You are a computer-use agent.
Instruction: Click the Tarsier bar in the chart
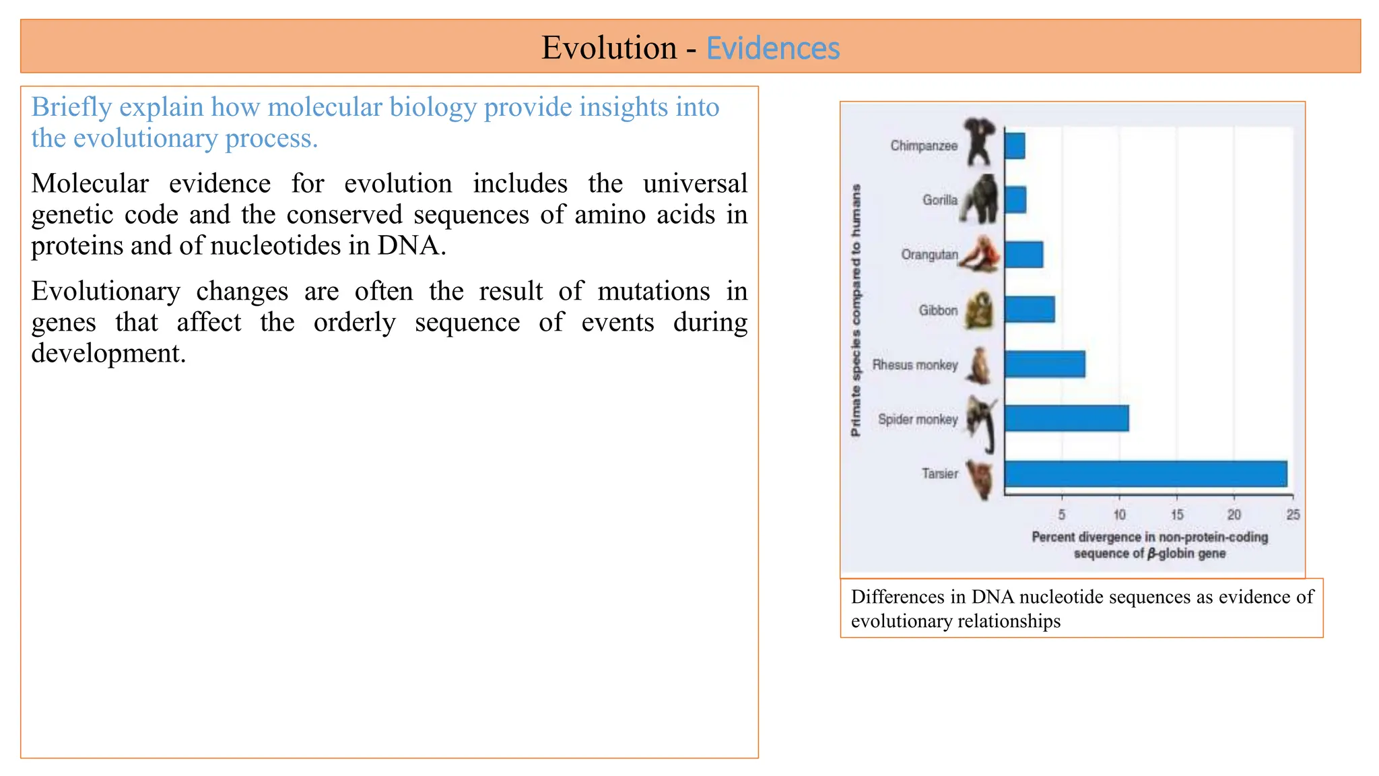point(1145,474)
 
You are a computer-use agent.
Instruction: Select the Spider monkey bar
point(1066,418)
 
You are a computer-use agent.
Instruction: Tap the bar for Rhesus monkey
point(1044,364)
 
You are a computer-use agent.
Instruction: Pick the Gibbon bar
point(1030,309)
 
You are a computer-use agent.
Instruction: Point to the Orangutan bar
point(1023,255)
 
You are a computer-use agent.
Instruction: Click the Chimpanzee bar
point(1015,145)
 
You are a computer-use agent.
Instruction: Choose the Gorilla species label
point(939,200)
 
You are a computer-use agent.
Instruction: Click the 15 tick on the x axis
point(1176,515)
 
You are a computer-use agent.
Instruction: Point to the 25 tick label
point(1293,515)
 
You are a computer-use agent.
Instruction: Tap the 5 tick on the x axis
point(1061,515)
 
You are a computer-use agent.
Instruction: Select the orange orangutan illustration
point(980,255)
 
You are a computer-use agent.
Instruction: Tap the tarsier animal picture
point(980,479)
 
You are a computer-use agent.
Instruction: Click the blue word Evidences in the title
point(772,48)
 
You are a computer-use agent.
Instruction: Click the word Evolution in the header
point(609,48)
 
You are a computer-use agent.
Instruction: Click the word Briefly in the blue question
point(71,107)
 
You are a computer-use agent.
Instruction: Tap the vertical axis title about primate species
point(856,310)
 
